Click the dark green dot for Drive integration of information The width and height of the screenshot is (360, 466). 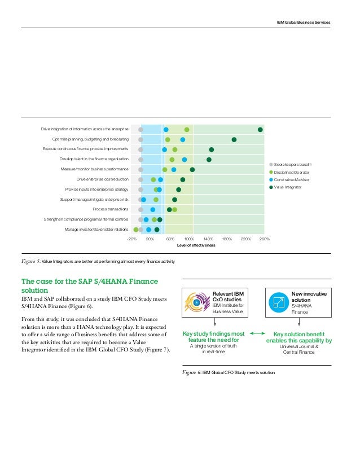[260, 130]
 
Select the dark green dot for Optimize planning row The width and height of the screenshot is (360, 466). [234, 139]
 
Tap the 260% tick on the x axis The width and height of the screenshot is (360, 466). [264, 239]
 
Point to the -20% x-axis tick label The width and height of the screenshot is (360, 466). [131, 239]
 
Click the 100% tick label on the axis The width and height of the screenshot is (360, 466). [189, 239]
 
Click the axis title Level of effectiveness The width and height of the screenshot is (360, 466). [196, 245]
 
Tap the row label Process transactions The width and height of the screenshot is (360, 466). [111, 209]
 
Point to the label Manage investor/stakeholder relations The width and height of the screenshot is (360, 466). [96, 230]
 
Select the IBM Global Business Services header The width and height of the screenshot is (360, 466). [303, 22]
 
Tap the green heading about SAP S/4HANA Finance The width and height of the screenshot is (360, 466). [89, 285]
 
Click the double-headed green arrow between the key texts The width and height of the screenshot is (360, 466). [257, 334]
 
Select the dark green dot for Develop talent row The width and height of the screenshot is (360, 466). [209, 160]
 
